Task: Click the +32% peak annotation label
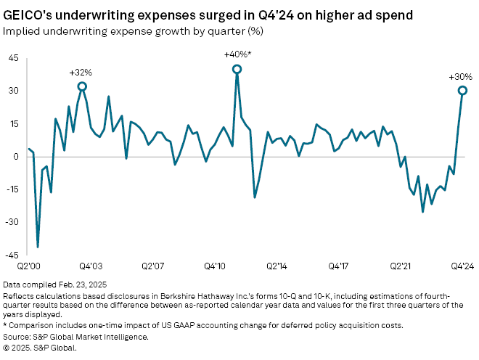[x=81, y=73]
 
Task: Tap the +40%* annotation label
[x=237, y=55]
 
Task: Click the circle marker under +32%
[x=82, y=86]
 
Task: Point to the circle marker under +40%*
[x=237, y=69]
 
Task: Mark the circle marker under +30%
[x=462, y=91]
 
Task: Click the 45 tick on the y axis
[x=14, y=58]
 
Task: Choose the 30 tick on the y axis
[x=14, y=91]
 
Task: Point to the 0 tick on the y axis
[x=16, y=156]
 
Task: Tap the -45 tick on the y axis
[x=12, y=254]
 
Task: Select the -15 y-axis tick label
[x=12, y=189]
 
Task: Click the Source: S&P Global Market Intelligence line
[x=76, y=336]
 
